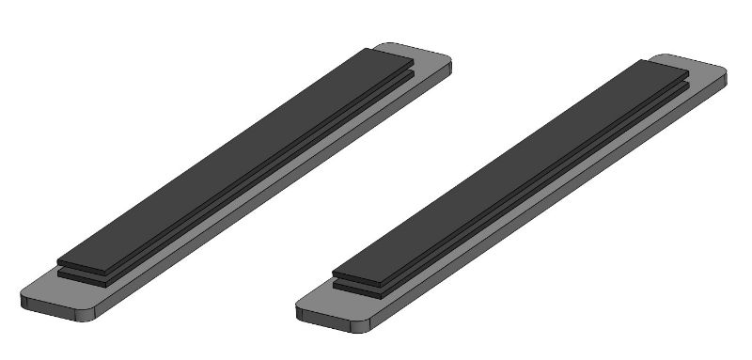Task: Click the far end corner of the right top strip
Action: [x=685, y=71]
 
